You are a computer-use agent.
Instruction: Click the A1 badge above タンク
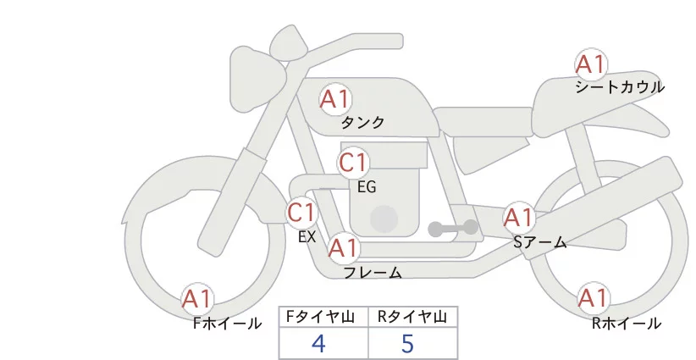click(334, 100)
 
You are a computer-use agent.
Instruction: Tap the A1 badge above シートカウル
click(591, 64)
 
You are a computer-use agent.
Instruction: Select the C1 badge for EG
click(353, 163)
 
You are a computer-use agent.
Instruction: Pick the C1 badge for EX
click(301, 212)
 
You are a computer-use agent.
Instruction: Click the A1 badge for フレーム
click(343, 249)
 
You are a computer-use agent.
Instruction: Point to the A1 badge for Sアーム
click(518, 218)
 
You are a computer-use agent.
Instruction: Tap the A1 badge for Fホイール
click(198, 299)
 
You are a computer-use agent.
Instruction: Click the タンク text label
click(362, 123)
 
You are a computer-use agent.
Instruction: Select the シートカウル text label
click(620, 87)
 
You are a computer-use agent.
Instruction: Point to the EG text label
click(367, 186)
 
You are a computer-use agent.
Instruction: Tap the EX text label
click(307, 237)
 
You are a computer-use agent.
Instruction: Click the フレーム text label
click(373, 273)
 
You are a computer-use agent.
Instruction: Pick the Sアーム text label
click(540, 242)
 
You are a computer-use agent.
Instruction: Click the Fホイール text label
click(228, 323)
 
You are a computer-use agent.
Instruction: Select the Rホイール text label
click(626, 323)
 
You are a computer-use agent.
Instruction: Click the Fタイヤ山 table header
click(323, 317)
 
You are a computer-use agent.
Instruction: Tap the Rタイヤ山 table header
click(412, 317)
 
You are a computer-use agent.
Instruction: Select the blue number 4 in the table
click(318, 343)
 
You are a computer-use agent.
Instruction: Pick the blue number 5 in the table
click(408, 343)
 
